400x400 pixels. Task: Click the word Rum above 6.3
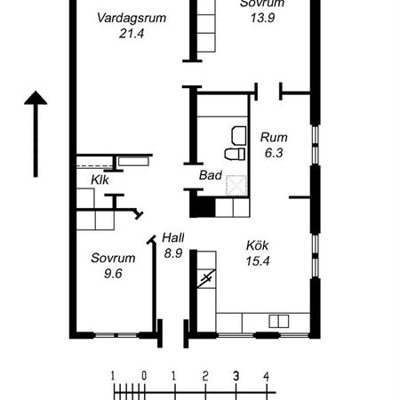(273, 137)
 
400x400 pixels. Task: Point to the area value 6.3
(273, 153)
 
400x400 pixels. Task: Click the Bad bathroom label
(210, 175)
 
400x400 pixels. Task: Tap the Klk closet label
(100, 180)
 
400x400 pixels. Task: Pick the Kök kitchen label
(257, 244)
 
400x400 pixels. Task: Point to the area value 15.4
(258, 260)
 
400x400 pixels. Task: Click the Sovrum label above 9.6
(113, 259)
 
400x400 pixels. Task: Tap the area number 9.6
(112, 275)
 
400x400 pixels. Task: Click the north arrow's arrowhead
(35, 98)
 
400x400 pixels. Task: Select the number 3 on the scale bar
(236, 374)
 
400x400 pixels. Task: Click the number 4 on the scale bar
(266, 374)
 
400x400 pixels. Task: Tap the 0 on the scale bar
(143, 374)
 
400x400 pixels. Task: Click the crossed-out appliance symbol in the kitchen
(206, 279)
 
